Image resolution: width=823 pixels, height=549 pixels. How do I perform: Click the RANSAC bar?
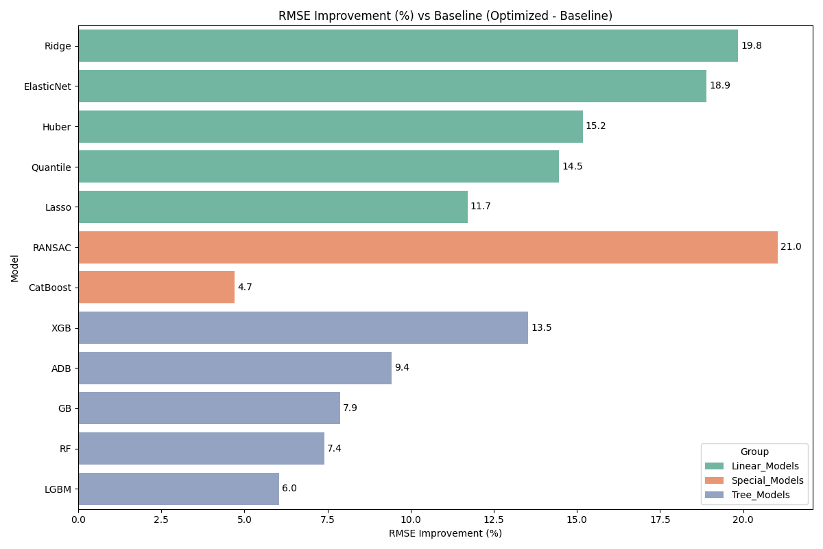click(428, 247)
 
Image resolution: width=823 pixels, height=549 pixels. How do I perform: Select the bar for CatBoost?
click(156, 288)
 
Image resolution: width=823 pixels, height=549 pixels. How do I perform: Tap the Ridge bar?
click(408, 46)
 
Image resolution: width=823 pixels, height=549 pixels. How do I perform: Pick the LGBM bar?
click(178, 489)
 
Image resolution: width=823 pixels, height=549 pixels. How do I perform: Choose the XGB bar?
click(303, 328)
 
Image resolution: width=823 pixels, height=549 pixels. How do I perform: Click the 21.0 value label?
click(791, 247)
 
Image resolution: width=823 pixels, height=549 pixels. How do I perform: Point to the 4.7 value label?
click(245, 288)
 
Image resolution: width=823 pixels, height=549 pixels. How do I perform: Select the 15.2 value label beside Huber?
click(595, 126)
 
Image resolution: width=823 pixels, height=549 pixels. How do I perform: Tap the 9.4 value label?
click(402, 368)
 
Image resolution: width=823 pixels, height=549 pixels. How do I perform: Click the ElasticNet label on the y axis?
click(47, 86)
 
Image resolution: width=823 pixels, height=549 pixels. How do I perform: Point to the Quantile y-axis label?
click(51, 167)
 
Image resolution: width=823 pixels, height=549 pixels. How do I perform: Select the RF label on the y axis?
click(65, 449)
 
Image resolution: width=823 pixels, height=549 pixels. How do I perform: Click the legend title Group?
click(754, 452)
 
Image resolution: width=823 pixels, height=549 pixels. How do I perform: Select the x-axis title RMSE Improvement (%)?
click(445, 534)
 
